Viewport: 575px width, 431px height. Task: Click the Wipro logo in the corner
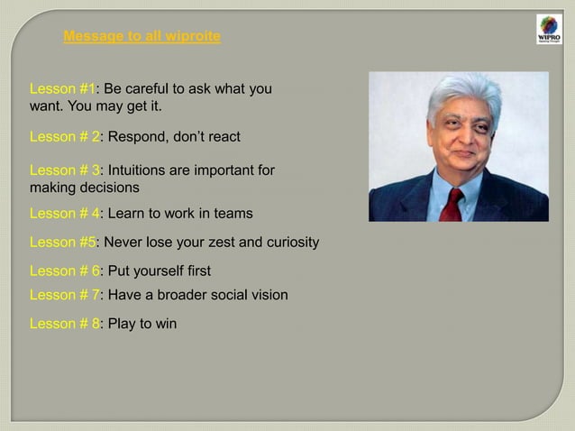pos(548,29)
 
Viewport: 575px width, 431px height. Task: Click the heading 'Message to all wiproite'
pos(141,37)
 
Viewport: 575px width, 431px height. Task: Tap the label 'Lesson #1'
pos(63,90)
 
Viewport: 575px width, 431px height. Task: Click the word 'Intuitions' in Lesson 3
pos(140,170)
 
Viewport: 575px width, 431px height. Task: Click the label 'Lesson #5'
pos(63,243)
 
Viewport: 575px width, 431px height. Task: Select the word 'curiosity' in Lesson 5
pos(291,243)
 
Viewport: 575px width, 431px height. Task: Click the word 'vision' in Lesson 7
pos(269,295)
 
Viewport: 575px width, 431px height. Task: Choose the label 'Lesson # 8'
pos(65,324)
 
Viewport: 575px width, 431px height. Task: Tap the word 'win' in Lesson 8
pos(165,324)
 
